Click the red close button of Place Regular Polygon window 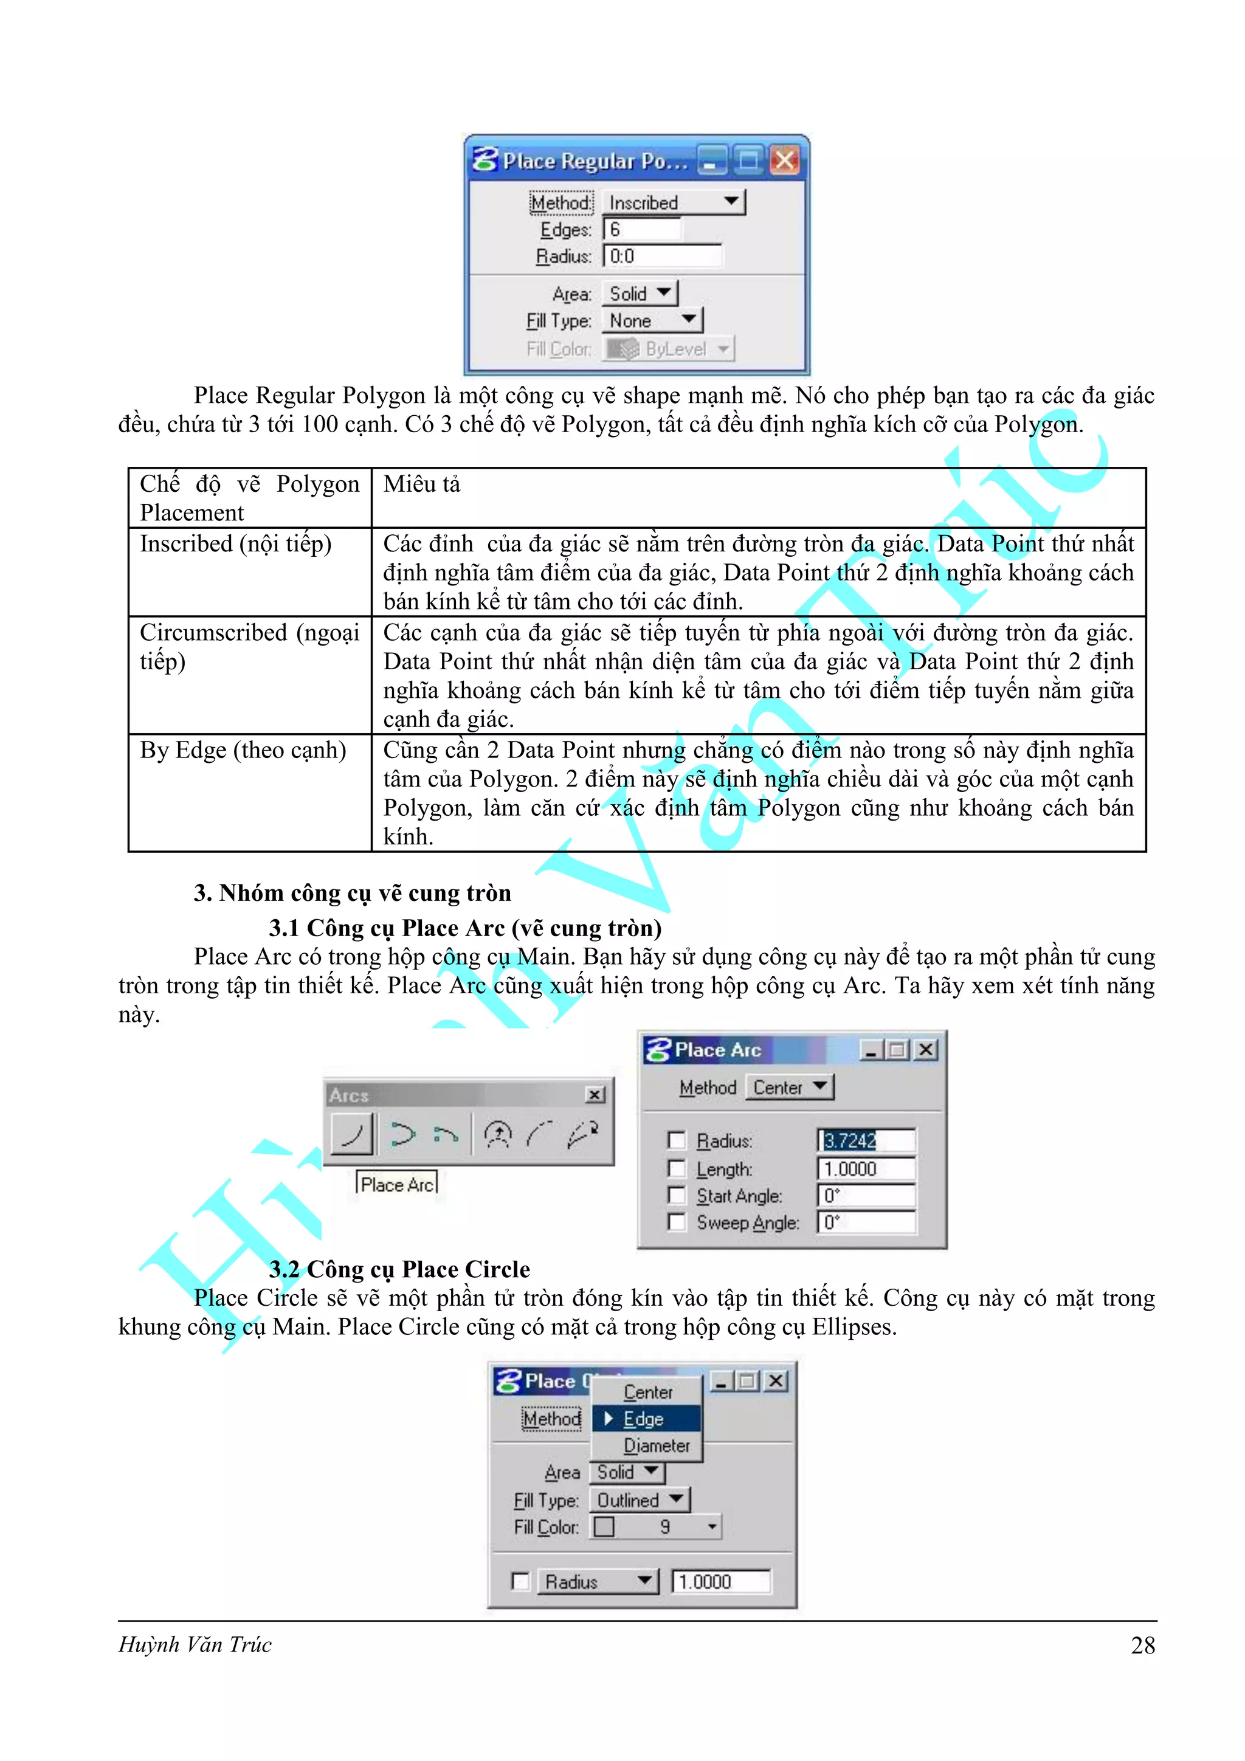pos(784,160)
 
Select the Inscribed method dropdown pos(673,202)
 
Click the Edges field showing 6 pos(641,229)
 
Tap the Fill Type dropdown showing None pos(652,320)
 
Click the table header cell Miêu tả pos(422,484)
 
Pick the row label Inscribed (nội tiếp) pos(235,544)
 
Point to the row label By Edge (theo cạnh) pos(243,750)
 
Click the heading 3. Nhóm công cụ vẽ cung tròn pos(352,893)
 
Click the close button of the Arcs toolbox pos(595,1095)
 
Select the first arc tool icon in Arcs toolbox pos(352,1134)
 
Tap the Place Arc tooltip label pos(396,1184)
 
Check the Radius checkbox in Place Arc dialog pos(676,1140)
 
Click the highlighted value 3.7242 pos(849,1140)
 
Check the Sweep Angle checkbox pos(676,1222)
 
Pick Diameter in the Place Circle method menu pos(656,1446)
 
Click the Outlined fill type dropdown pos(639,1500)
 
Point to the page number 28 pos(1142,1645)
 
